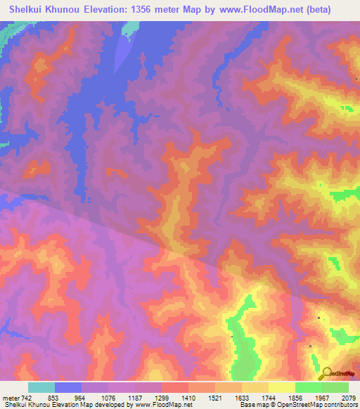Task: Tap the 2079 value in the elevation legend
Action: tap(348, 398)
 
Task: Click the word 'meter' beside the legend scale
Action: tap(11, 398)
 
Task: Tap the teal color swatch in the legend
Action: tap(41, 387)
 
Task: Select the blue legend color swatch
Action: tap(68, 387)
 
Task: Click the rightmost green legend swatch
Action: tap(335, 387)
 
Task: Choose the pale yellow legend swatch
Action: tap(282, 387)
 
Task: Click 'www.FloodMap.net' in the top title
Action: tap(268, 10)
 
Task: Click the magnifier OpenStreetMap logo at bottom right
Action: tap(327, 375)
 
